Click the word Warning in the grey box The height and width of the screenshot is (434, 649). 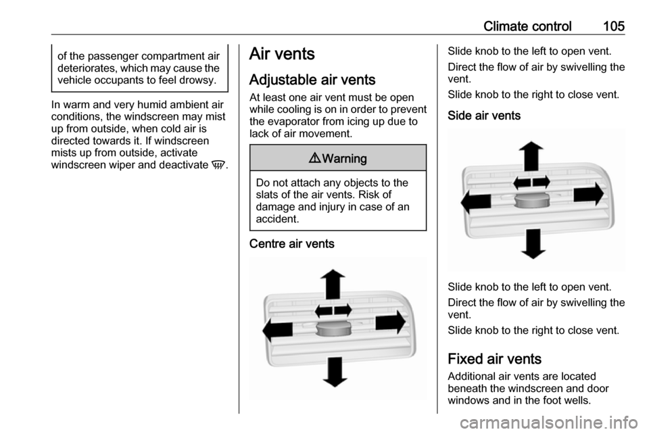coord(344,159)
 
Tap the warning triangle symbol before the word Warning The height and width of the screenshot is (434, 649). coord(316,159)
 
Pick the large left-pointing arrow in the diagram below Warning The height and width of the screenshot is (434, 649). coord(278,329)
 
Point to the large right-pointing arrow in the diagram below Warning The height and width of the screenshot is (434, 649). coord(390,323)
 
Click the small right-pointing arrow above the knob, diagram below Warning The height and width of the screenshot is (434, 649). coord(343,310)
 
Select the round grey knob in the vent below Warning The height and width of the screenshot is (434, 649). coord(333,330)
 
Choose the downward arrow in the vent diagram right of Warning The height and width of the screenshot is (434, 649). coord(533,243)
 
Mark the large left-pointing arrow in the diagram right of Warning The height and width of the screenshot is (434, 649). coord(477,201)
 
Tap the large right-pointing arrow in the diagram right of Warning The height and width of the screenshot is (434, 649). coord(588,195)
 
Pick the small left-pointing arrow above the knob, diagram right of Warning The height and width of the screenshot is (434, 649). coord(523,183)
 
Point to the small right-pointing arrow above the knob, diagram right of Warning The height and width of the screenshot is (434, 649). coord(541,182)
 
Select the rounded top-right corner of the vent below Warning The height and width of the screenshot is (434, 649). coord(405,300)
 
